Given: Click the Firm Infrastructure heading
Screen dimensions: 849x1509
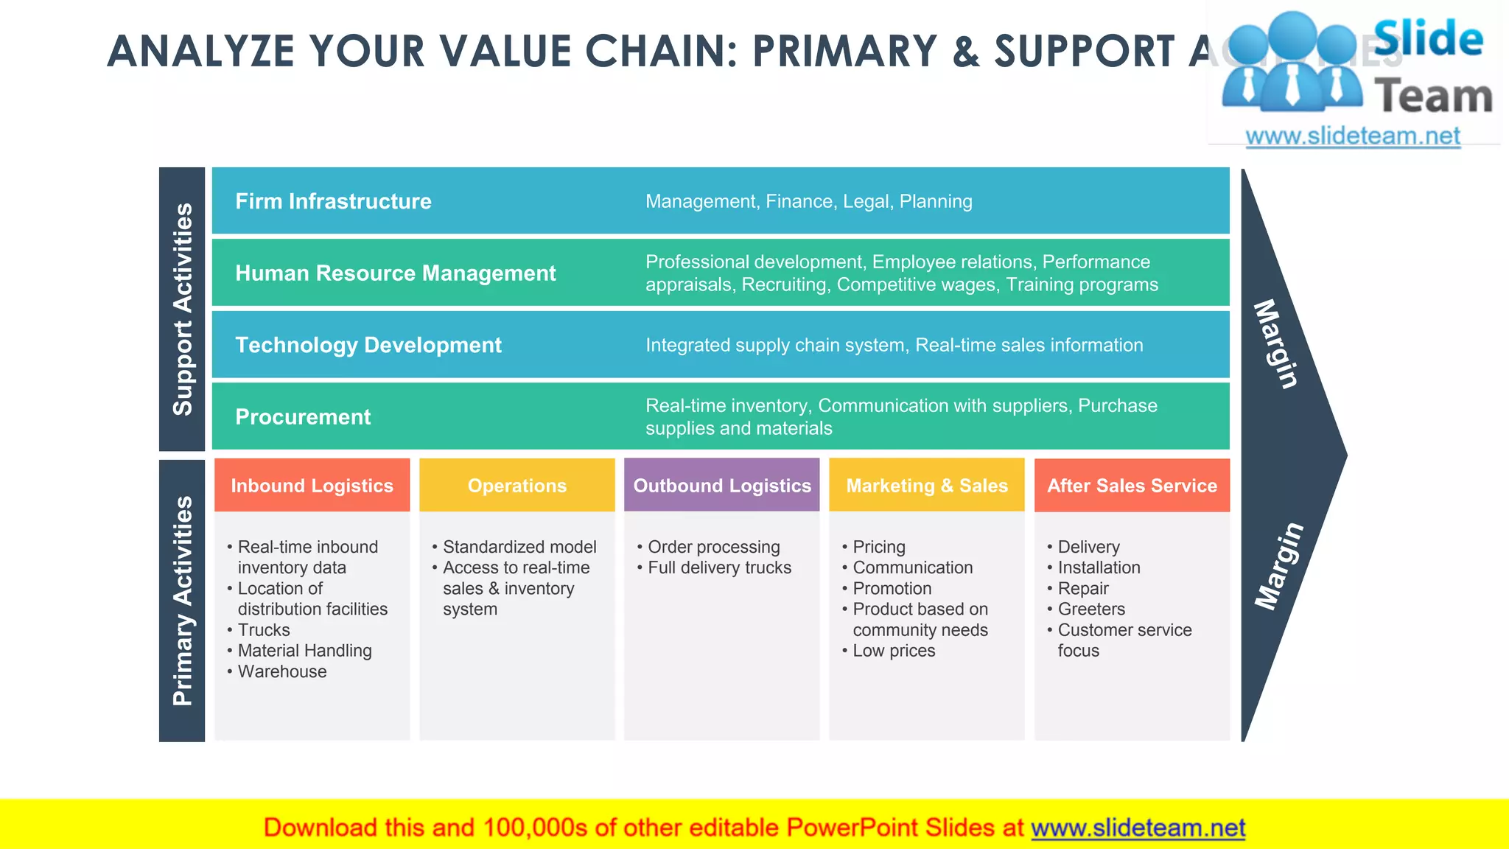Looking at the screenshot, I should click(x=333, y=201).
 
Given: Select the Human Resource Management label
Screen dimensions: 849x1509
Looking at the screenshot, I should click(x=395, y=273).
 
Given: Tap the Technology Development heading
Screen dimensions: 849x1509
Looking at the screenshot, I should click(x=368, y=345).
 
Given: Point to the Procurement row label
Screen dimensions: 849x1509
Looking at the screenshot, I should click(x=303, y=417).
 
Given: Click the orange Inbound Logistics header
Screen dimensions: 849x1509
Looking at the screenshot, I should click(x=312, y=486).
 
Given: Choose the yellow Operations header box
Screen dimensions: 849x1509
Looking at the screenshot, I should click(x=517, y=486).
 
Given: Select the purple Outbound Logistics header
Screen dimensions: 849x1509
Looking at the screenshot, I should click(x=721, y=486).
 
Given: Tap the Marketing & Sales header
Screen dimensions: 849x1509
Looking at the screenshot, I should click(x=926, y=486).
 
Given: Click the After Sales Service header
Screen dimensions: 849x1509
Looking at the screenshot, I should click(x=1132, y=486).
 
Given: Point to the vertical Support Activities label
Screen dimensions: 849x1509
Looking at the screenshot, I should click(x=182, y=309).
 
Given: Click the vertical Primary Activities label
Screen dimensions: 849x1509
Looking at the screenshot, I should click(x=182, y=601).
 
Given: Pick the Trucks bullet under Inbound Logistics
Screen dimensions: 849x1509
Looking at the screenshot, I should click(x=264, y=630).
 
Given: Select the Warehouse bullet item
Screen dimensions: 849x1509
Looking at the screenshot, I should click(x=281, y=671).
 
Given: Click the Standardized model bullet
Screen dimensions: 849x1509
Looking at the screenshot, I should click(x=519, y=547).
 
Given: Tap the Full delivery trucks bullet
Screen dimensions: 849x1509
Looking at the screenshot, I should click(x=719, y=567).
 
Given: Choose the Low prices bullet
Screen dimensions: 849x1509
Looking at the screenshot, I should click(x=894, y=651).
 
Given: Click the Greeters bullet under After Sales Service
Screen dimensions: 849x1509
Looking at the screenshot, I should click(x=1091, y=609).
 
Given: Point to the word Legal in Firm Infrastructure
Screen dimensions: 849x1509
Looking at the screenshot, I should click(x=867, y=201).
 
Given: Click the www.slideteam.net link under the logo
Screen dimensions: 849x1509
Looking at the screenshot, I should click(x=1353, y=136).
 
